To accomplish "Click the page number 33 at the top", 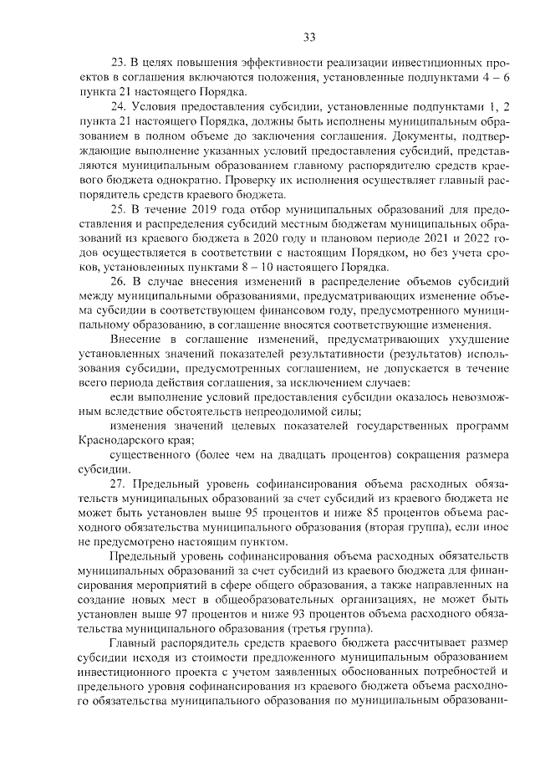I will tap(308, 37).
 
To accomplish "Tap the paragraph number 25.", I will tap(118, 208).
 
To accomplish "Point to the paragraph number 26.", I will tap(118, 281).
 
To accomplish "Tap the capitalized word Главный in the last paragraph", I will tap(135, 643).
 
